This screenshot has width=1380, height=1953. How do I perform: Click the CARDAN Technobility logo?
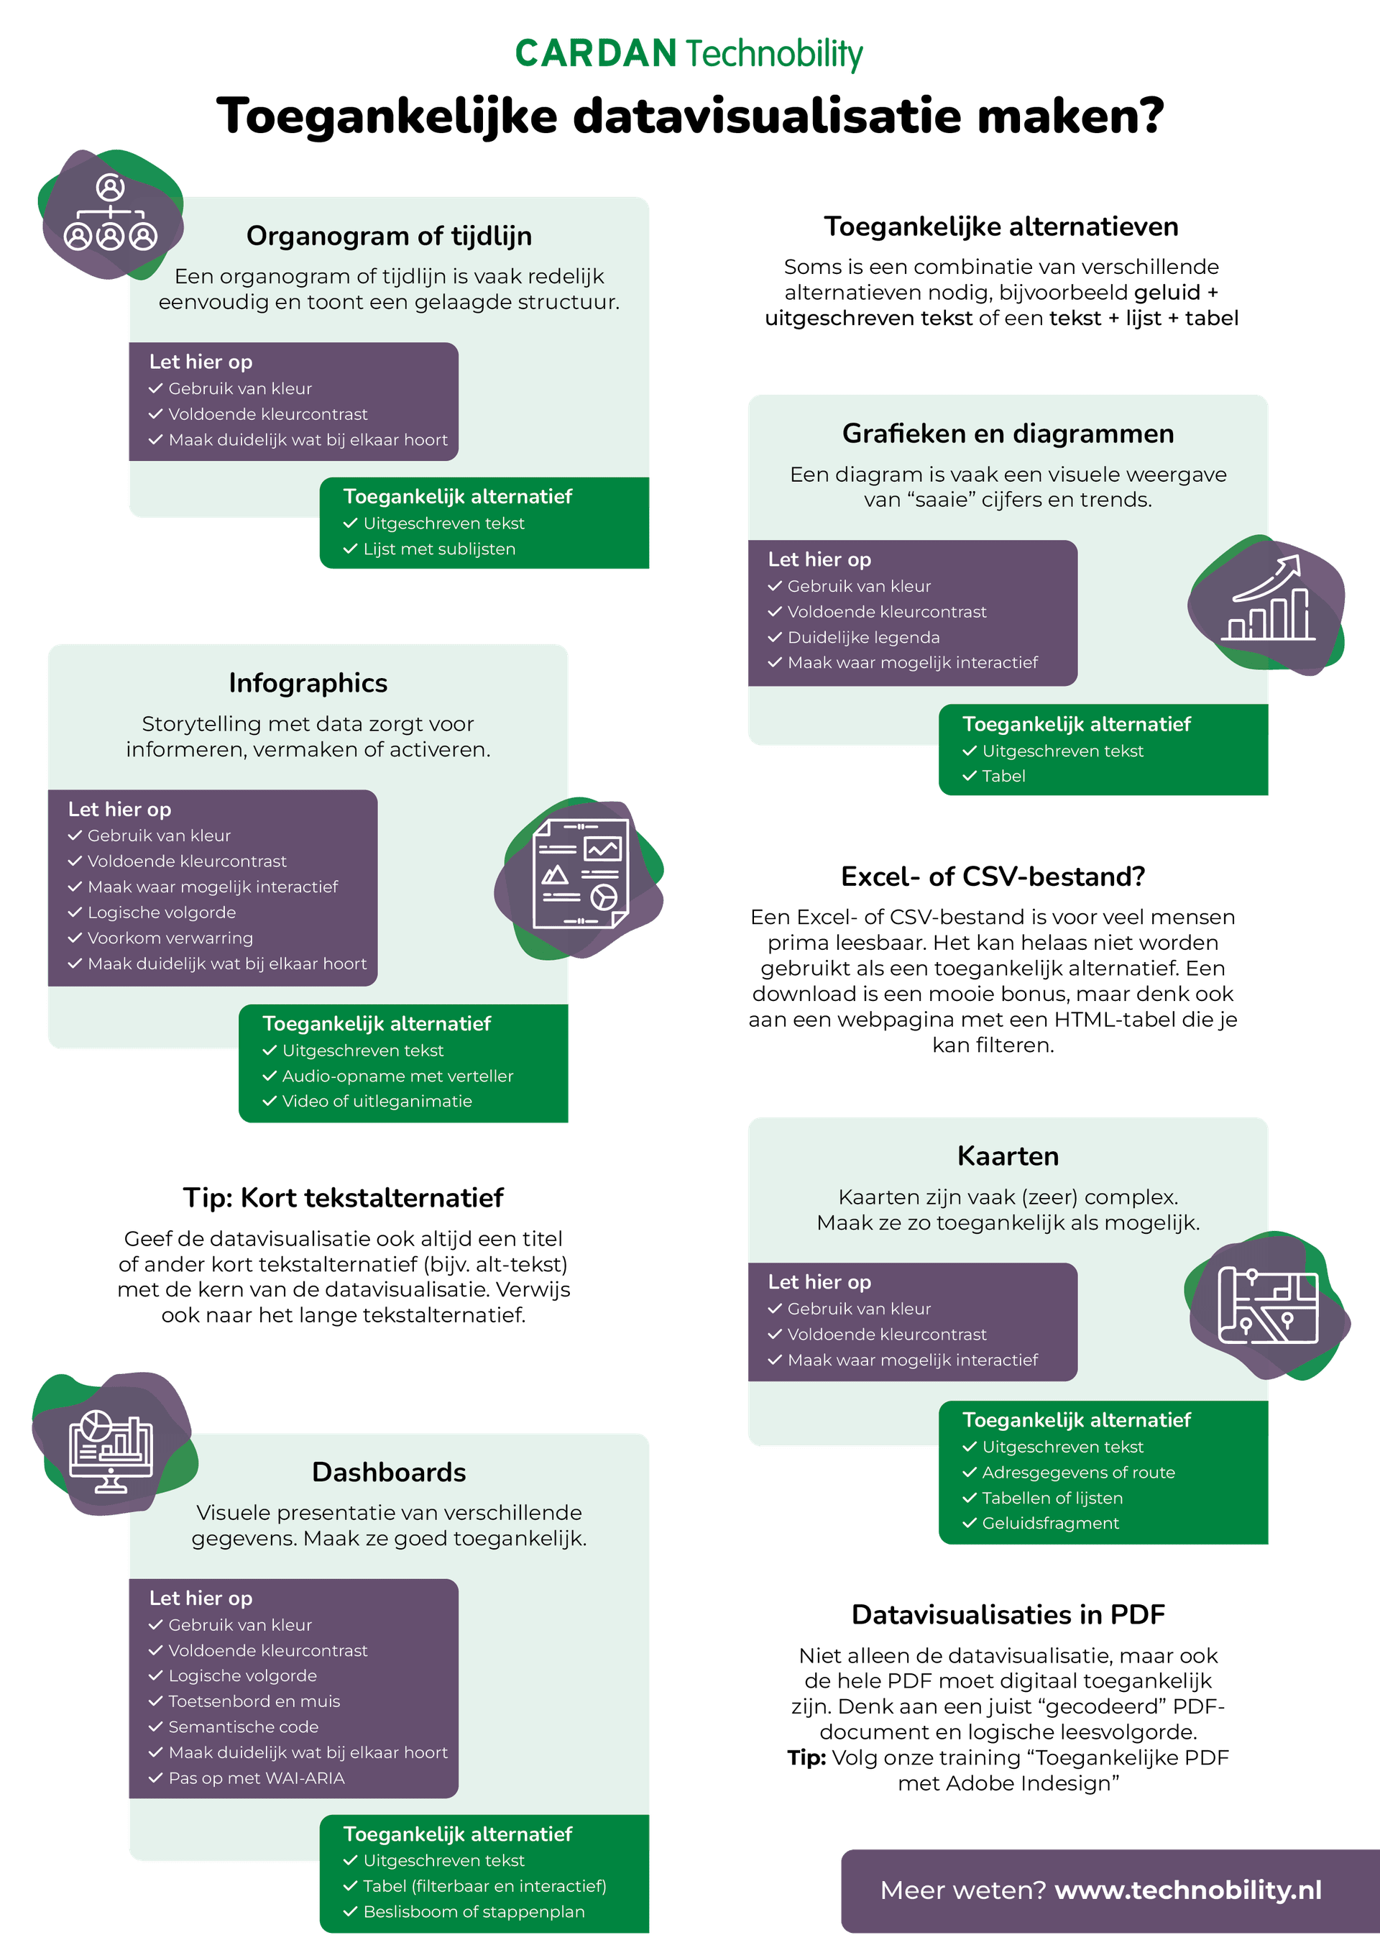click(689, 54)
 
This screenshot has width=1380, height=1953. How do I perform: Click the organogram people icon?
click(111, 213)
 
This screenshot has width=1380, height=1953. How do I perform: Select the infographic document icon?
click(581, 874)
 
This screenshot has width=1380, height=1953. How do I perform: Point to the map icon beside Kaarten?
click(1268, 1306)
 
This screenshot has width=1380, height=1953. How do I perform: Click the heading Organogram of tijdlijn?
click(390, 236)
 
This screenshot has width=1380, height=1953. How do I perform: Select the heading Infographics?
click(308, 683)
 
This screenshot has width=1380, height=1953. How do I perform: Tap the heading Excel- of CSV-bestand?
click(993, 876)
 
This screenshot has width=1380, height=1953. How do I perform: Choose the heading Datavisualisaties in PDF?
click(1008, 1614)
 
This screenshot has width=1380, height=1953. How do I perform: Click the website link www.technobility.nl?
click(1188, 1890)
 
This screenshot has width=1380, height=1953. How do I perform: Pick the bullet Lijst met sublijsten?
click(438, 549)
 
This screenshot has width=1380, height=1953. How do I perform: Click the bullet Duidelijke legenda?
click(863, 637)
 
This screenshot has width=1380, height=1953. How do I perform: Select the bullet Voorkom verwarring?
click(170, 938)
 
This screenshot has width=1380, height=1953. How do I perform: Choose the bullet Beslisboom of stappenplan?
click(474, 1911)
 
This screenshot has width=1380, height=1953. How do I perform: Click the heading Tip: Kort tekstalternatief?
click(344, 1198)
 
